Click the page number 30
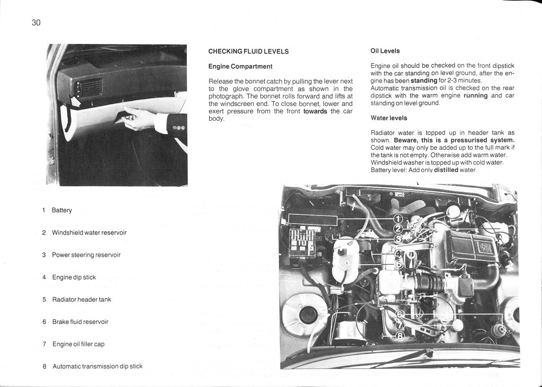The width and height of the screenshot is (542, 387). (x=36, y=22)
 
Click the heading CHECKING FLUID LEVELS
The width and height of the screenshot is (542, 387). (x=248, y=51)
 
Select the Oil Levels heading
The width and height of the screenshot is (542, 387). (x=385, y=51)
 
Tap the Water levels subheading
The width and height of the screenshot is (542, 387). (x=389, y=118)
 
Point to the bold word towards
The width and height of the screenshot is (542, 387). (x=315, y=111)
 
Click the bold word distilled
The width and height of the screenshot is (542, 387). (x=446, y=170)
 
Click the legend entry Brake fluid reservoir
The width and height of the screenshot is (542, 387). (x=80, y=321)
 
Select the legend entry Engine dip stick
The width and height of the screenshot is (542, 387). (x=74, y=277)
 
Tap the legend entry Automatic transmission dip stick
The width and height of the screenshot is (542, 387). (x=97, y=366)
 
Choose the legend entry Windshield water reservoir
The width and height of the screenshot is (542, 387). (x=89, y=232)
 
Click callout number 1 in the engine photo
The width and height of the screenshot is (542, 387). (x=398, y=219)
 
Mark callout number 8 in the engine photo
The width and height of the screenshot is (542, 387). (x=400, y=335)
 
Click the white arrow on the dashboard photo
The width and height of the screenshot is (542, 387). (x=74, y=100)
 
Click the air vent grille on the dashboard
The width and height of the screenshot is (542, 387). (x=91, y=87)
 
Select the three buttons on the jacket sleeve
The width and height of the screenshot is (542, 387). (x=176, y=128)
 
